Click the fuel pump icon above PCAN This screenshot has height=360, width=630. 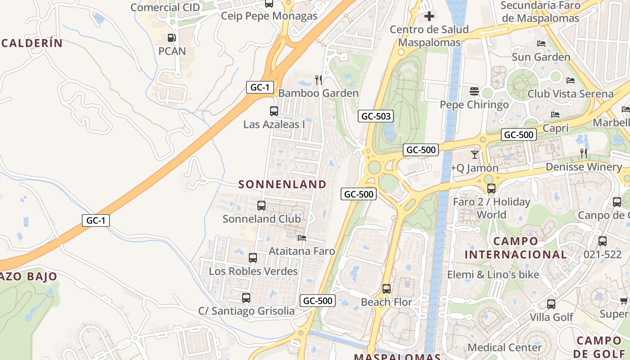pyautogui.click(x=171, y=38)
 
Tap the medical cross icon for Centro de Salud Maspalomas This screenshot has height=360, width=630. pyautogui.click(x=429, y=17)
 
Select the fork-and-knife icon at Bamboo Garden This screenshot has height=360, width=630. pyautogui.click(x=319, y=80)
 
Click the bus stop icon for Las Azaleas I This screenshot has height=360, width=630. pyautogui.click(x=274, y=111)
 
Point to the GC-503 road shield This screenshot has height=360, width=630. pyautogui.click(x=376, y=116)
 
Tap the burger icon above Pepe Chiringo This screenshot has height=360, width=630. pyautogui.click(x=474, y=91)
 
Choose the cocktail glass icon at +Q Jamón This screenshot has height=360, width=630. pyautogui.click(x=475, y=155)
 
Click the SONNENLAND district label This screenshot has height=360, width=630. pyautogui.click(x=282, y=184)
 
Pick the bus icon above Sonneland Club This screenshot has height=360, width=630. pyautogui.click(x=261, y=206)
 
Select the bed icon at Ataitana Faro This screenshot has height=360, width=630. pyautogui.click(x=302, y=238)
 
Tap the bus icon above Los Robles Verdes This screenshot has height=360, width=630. pyautogui.click(x=253, y=258)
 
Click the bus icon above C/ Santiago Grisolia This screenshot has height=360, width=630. pyautogui.click(x=246, y=297)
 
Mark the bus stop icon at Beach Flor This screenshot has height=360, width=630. pyautogui.click(x=387, y=288)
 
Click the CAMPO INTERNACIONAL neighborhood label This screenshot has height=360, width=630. pyautogui.click(x=516, y=248)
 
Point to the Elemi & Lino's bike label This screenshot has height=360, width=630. pyautogui.click(x=493, y=274)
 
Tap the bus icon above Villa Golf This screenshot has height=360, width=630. pyautogui.click(x=551, y=304)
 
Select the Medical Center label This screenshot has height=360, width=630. pyautogui.click(x=504, y=347)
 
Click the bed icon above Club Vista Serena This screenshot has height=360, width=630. pyautogui.click(x=571, y=81)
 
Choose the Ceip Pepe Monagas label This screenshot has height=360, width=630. pyautogui.click(x=269, y=16)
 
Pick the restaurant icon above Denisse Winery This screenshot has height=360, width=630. pyautogui.click(x=584, y=153)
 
